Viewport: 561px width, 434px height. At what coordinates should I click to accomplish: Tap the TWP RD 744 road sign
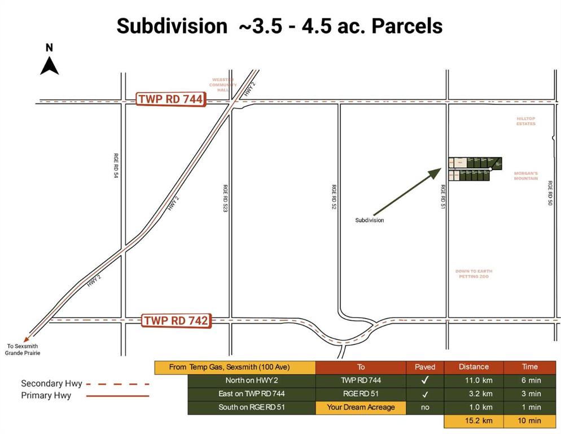(170, 100)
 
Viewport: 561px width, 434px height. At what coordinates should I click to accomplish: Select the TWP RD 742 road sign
(176, 320)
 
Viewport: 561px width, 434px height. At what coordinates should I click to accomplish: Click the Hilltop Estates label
(525, 121)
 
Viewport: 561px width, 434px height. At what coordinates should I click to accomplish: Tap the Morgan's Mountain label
(525, 176)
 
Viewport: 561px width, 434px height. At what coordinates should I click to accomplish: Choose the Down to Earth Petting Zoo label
(473, 274)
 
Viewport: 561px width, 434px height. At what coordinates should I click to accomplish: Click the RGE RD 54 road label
(116, 166)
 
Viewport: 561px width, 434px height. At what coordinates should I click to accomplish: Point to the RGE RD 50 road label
(549, 193)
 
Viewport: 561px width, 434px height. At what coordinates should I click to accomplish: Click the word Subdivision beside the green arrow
(370, 220)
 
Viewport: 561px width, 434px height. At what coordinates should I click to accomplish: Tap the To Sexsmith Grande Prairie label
(23, 350)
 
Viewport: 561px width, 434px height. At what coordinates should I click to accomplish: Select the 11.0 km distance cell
(474, 380)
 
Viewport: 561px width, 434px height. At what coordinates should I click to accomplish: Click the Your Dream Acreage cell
(361, 407)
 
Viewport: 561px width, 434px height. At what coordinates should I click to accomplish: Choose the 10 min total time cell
(530, 420)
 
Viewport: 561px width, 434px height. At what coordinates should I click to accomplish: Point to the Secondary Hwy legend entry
(52, 384)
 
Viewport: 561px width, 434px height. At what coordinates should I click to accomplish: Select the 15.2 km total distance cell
(474, 420)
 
